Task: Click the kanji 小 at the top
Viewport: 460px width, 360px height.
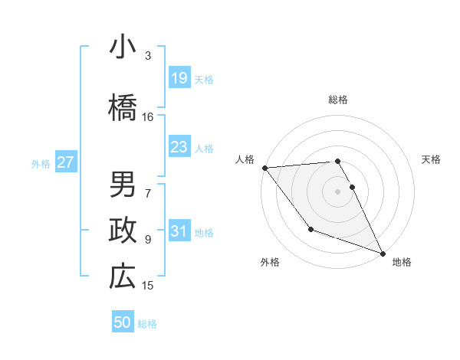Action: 122,47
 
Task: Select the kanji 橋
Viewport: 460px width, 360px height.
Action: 122,108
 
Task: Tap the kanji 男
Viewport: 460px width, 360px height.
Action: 122,184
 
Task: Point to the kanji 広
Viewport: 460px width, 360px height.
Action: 122,277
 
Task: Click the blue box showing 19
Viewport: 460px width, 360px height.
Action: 179,78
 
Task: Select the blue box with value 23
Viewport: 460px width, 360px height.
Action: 179,147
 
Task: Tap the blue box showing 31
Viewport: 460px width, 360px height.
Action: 179,231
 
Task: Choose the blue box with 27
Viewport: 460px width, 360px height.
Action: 65,162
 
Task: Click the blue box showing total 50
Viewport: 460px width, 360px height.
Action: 123,322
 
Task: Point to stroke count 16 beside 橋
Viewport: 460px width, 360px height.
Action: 148,117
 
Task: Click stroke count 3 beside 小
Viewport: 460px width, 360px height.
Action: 148,56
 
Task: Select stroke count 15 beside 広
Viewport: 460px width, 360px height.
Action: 148,286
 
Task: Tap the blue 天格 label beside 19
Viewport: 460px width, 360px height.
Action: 204,79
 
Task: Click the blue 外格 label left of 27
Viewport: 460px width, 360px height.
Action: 41,163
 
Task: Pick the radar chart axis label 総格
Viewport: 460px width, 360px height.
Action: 338,100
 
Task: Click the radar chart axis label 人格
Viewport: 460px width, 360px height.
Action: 245,159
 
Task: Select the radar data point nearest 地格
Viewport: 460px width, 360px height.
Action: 383,254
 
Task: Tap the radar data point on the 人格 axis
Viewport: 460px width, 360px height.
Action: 264,168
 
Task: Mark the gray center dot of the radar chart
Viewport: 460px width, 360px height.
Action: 338,191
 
